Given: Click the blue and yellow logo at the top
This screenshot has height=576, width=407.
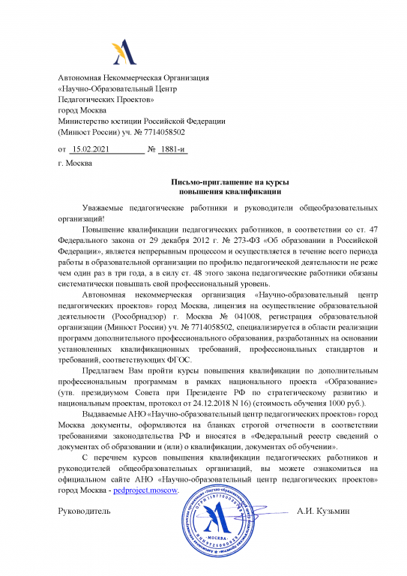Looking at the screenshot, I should (124, 50).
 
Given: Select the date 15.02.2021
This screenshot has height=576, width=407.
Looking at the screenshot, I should (94, 149).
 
